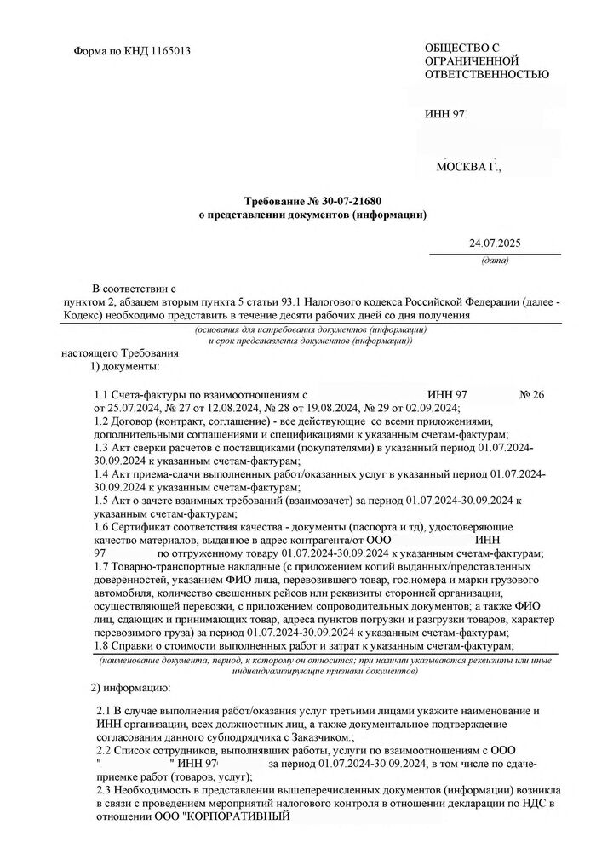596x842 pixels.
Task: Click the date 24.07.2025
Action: coord(493,244)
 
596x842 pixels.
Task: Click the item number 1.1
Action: coord(103,395)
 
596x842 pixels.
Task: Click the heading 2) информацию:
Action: coord(130,686)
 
